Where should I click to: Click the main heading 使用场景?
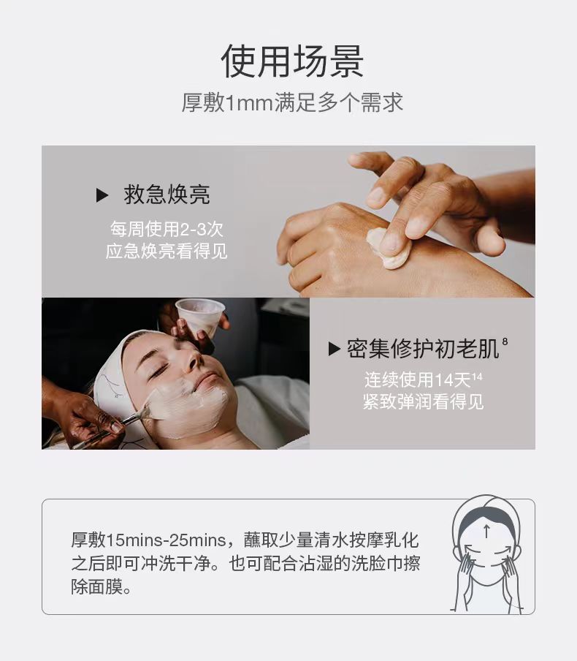pos(292,61)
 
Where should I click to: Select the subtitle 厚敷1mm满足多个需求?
pos(292,103)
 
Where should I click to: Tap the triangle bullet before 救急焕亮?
pos(102,195)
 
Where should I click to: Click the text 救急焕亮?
pos(167,194)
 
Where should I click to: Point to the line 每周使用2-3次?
pos(167,229)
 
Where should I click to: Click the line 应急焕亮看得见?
pos(167,252)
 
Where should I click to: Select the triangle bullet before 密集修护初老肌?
pos(334,349)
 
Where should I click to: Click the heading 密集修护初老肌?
pos(423,349)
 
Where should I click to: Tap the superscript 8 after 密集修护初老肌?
pos(505,342)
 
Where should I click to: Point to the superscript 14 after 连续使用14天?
pos(477,376)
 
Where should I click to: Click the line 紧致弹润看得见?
pos(424,401)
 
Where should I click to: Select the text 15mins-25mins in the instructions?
pos(166,540)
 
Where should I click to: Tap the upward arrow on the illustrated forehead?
pos(487,531)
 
